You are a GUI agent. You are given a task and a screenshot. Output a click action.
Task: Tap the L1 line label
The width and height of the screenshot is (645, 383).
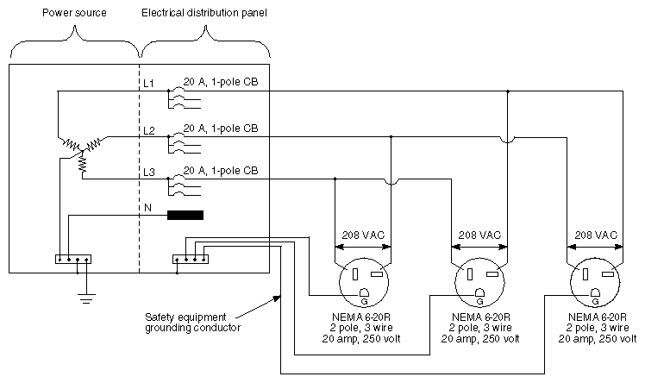point(148,84)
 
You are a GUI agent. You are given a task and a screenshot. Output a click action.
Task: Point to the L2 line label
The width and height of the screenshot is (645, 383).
point(148,130)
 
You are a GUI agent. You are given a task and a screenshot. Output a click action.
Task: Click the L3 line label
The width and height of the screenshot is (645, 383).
point(148,173)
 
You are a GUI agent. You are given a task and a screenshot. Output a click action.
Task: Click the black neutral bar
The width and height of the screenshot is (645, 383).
point(185,216)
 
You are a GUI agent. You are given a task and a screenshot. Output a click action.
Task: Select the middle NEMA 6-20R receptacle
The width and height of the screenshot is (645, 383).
point(479,284)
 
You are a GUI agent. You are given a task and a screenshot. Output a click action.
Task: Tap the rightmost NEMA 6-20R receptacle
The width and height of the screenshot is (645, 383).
point(595,284)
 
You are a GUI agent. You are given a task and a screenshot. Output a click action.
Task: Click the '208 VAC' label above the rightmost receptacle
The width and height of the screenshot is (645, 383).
point(595,235)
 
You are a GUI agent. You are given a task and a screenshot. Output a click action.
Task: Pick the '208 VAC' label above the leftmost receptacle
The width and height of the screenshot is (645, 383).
point(363,235)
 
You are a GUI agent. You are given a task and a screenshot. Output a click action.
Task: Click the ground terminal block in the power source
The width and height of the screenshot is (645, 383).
point(72,258)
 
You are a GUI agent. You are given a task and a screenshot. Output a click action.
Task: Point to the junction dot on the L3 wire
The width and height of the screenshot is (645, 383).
point(335,179)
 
